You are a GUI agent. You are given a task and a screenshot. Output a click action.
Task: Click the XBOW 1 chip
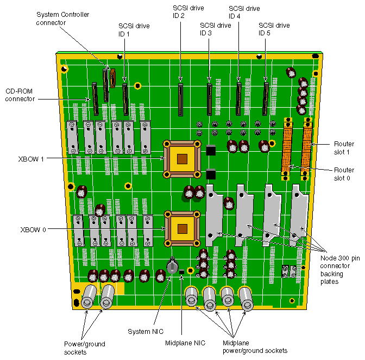(182, 158)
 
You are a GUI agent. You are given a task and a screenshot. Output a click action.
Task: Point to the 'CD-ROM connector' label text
(20, 95)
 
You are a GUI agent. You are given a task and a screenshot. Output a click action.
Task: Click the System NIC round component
(172, 267)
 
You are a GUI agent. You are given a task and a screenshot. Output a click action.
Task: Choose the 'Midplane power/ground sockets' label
(255, 346)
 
